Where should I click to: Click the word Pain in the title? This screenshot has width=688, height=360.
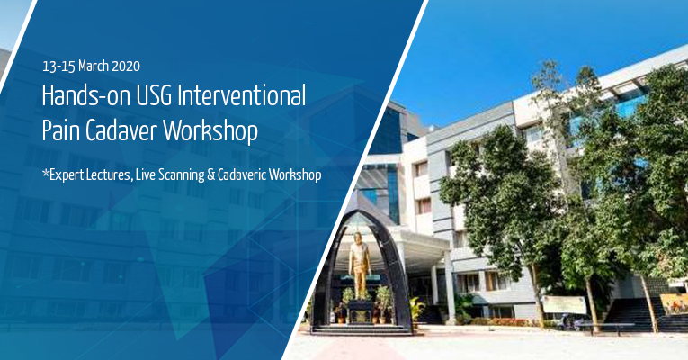coord(60,131)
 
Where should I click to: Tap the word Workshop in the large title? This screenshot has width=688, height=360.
coord(215,131)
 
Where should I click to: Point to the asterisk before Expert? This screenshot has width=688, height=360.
coord(45,173)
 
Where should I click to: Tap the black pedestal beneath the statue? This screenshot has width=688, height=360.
coord(360,310)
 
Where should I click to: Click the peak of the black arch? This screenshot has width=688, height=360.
coord(360,213)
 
